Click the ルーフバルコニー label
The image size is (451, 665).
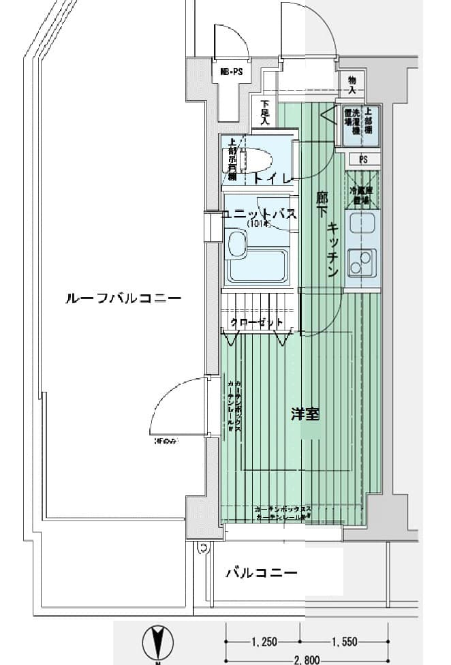pos(123,298)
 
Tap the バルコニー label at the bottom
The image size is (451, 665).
pos(262,573)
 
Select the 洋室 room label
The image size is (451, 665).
pos(306,414)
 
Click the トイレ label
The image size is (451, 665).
pos(273,179)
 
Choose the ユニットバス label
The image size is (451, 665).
pos(259,214)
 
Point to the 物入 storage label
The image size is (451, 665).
pos(352,84)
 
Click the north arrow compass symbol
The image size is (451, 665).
pos(157,643)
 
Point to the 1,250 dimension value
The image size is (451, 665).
pos(264,642)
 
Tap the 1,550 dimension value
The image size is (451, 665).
pos(345,642)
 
